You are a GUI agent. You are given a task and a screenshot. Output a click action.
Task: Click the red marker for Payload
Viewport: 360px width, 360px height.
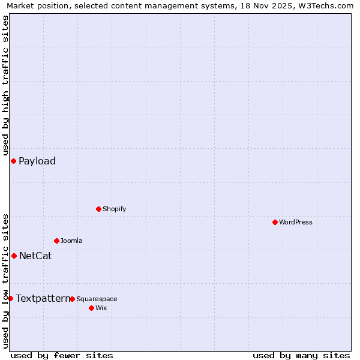tap(13, 161)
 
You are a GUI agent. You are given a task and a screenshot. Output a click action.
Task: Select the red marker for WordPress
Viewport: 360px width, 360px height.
tap(275, 222)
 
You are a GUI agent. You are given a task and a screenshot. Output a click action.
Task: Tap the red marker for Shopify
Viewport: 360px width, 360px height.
tap(98, 209)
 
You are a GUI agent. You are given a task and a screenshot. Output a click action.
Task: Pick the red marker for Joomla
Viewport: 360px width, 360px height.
tap(56, 241)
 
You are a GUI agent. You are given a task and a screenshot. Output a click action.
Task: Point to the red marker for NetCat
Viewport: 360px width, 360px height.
tap(14, 256)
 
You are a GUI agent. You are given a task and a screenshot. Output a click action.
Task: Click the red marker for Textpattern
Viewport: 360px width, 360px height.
tap(10, 298)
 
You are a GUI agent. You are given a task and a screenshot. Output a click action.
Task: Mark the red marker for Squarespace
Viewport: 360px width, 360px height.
tap(72, 299)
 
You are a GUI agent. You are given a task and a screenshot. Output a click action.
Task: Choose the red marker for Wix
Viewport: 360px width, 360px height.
tap(91, 308)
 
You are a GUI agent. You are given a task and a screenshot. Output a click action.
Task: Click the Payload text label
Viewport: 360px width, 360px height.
tap(37, 161)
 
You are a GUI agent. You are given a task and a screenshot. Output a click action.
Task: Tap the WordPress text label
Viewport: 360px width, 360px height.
tap(296, 222)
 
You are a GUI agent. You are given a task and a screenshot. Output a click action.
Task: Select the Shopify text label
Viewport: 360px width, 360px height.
tap(115, 209)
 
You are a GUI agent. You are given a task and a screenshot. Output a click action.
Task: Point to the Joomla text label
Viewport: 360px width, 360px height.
tap(71, 241)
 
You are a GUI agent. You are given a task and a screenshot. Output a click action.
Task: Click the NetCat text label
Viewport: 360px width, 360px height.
tap(35, 256)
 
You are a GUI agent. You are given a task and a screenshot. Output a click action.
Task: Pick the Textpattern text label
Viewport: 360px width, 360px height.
tap(43, 298)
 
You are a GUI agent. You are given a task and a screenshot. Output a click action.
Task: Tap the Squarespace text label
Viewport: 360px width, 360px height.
tap(97, 299)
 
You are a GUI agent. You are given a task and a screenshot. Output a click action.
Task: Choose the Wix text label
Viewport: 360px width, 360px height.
tap(101, 308)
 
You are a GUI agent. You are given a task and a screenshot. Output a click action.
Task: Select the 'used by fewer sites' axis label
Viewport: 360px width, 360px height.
tap(62, 355)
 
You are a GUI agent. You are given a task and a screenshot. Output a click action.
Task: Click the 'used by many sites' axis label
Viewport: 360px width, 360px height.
tap(301, 355)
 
